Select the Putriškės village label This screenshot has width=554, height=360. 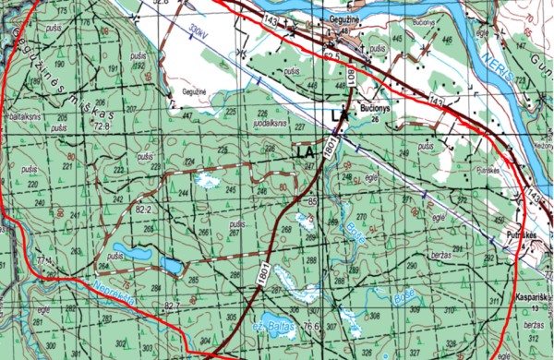[x=522, y=234]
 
